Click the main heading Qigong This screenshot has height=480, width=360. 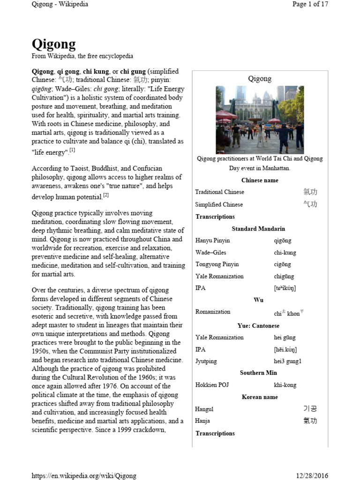53,44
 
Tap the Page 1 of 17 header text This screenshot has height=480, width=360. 310,4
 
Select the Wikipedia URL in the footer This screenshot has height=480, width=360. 84,475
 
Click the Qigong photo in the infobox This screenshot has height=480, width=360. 260,120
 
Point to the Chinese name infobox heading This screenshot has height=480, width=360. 260,180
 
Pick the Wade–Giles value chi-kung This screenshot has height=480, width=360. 285,253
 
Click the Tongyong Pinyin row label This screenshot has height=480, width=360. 217,264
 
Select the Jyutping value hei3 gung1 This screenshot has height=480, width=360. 288,361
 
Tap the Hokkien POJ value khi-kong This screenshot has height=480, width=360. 285,385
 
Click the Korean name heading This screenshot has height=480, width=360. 260,397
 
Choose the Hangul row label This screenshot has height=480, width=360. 204,409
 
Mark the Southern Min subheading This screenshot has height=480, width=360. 259,373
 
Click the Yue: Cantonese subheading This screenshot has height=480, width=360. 258,325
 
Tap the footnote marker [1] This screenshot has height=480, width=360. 73,150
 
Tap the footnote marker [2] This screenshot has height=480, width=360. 106,195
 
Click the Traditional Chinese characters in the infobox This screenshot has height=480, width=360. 310,192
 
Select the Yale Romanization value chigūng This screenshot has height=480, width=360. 284,277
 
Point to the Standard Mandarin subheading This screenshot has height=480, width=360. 258,229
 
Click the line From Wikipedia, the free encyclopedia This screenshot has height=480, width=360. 82,56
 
